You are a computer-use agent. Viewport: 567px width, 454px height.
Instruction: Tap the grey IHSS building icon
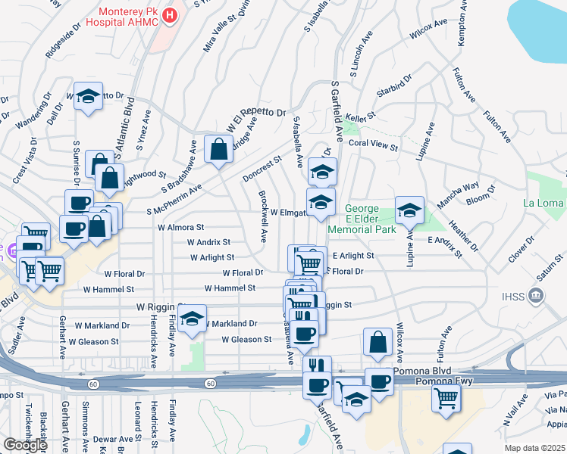536,294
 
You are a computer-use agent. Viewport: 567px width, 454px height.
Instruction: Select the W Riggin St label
161,306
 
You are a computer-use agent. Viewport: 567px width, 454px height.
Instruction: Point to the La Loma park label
544,203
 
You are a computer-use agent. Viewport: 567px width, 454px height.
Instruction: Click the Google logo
25,445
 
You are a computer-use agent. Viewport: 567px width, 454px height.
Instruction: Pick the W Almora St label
180,226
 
